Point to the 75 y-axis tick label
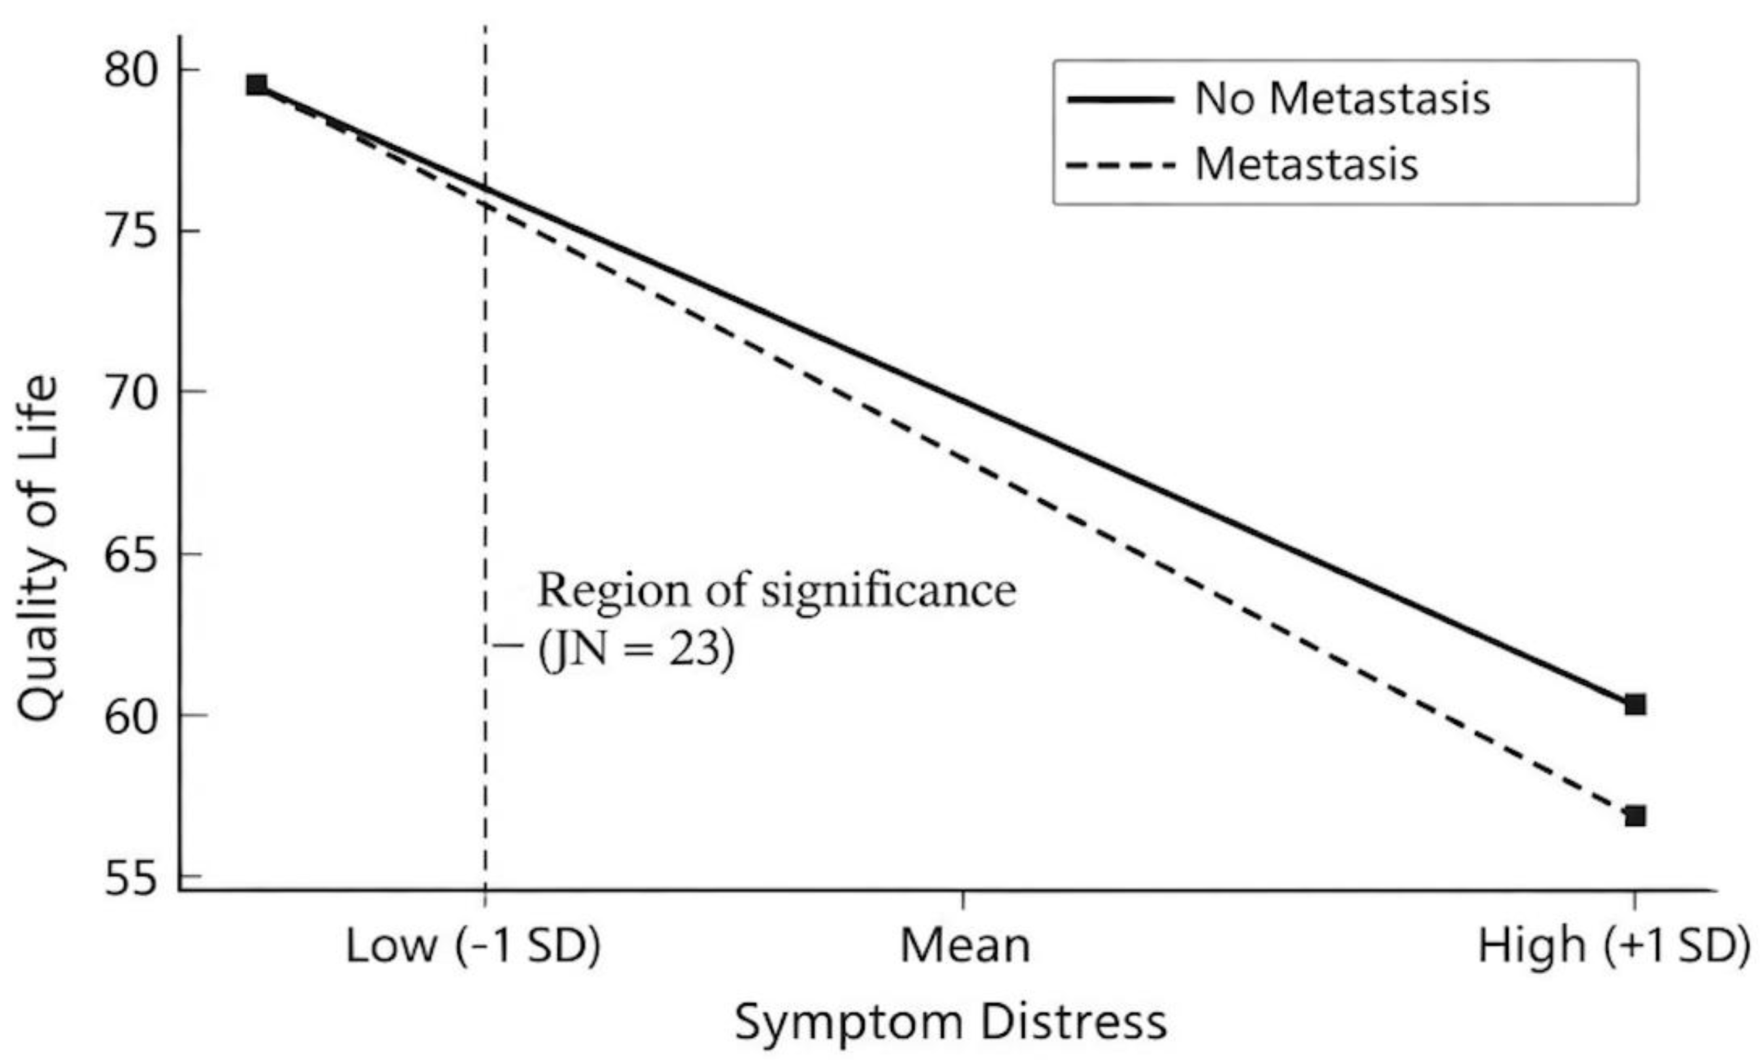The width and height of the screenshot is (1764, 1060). coord(130,232)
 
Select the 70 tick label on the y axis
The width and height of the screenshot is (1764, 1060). coord(130,392)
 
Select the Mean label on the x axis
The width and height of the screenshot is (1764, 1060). coord(965,946)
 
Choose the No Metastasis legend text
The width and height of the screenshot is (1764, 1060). coord(1342,98)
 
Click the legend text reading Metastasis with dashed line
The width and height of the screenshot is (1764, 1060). coord(1306,164)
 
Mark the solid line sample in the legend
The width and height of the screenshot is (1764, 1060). coord(1121,99)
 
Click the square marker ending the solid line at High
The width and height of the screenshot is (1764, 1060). coord(1634,704)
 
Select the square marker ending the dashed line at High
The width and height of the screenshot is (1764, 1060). coord(1634,816)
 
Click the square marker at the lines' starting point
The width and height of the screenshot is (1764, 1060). coord(256,85)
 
